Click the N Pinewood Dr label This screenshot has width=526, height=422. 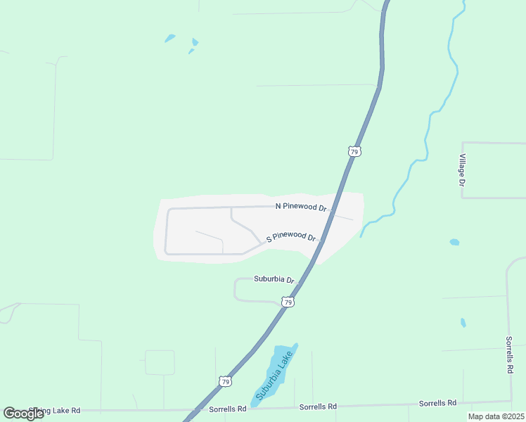tap(301, 207)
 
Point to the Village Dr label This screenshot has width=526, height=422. tap(463, 170)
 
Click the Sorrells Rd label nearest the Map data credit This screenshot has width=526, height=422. tap(437, 403)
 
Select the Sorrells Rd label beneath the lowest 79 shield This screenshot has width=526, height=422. tap(228, 409)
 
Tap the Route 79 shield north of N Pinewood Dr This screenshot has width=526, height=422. tap(354, 151)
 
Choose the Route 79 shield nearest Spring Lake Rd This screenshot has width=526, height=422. tap(224, 381)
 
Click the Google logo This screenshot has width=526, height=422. tap(23, 413)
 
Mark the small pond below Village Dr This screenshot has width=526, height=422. tap(454, 242)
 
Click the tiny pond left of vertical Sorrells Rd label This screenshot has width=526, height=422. tap(463, 323)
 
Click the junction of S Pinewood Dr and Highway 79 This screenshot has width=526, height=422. tap(321, 240)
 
